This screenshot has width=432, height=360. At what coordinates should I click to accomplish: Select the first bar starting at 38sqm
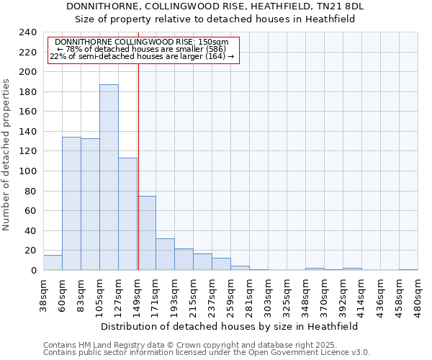pos(53,263)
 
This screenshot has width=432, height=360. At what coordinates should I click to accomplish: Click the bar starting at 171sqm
pos(165,254)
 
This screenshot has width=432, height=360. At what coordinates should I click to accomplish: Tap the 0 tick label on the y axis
pos(33,270)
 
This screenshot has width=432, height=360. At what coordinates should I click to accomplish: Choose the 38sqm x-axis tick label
pos(44,294)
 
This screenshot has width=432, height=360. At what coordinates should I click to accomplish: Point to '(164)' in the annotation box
pos(214,56)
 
